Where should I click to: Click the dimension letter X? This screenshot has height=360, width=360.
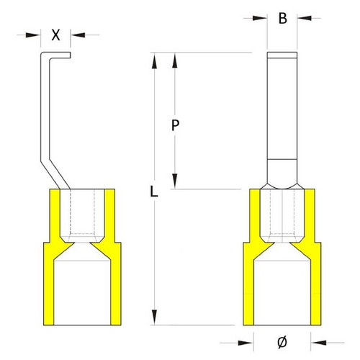pos(55,35)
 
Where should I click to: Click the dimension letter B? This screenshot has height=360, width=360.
pos(283,18)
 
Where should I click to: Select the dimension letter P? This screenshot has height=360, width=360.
pos(176,125)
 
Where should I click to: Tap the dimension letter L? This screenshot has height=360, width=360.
pos(154,192)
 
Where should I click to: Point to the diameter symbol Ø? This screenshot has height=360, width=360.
pos(282,342)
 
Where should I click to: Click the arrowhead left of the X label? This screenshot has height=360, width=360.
pos(33,35)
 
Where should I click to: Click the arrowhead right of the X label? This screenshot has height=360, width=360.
pos(78,35)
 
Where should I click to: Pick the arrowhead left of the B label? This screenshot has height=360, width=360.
pos(260,18)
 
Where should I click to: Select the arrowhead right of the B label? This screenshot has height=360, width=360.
pos(305,18)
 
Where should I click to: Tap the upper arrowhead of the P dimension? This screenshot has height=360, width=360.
pos(175,60)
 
